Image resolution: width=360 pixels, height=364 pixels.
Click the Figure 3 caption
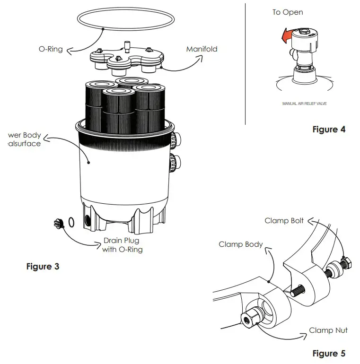coord(42,267)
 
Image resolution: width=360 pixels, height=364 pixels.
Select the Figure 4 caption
coord(329,129)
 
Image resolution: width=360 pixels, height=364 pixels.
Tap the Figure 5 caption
coord(329,353)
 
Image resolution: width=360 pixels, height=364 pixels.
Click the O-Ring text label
coord(51,49)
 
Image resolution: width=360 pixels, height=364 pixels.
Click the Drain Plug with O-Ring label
coord(123,245)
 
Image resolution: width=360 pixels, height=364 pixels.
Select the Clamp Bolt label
coord(284,221)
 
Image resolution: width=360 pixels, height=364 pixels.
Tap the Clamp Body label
coord(240,244)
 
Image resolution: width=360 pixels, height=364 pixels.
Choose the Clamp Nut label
coord(328,330)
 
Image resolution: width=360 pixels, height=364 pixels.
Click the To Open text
coord(288,12)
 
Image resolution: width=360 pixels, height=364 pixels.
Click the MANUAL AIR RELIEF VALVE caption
coord(305,103)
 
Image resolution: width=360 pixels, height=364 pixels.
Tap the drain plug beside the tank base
coord(59,223)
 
